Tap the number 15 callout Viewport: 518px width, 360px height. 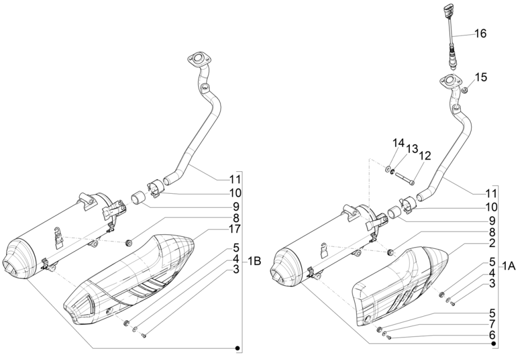tap(481, 76)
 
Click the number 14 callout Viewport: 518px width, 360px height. tap(397, 143)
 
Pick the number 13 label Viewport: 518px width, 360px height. tap(412, 149)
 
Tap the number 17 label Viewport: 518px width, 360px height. tap(235, 230)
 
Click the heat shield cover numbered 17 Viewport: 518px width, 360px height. tap(132, 281)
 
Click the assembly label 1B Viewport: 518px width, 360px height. tap(254, 261)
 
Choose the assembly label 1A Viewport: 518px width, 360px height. tap(508, 268)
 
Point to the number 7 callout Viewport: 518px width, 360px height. tap(491, 324)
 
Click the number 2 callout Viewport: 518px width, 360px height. tap(491, 243)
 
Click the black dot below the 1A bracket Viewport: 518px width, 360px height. tap(493, 343)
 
